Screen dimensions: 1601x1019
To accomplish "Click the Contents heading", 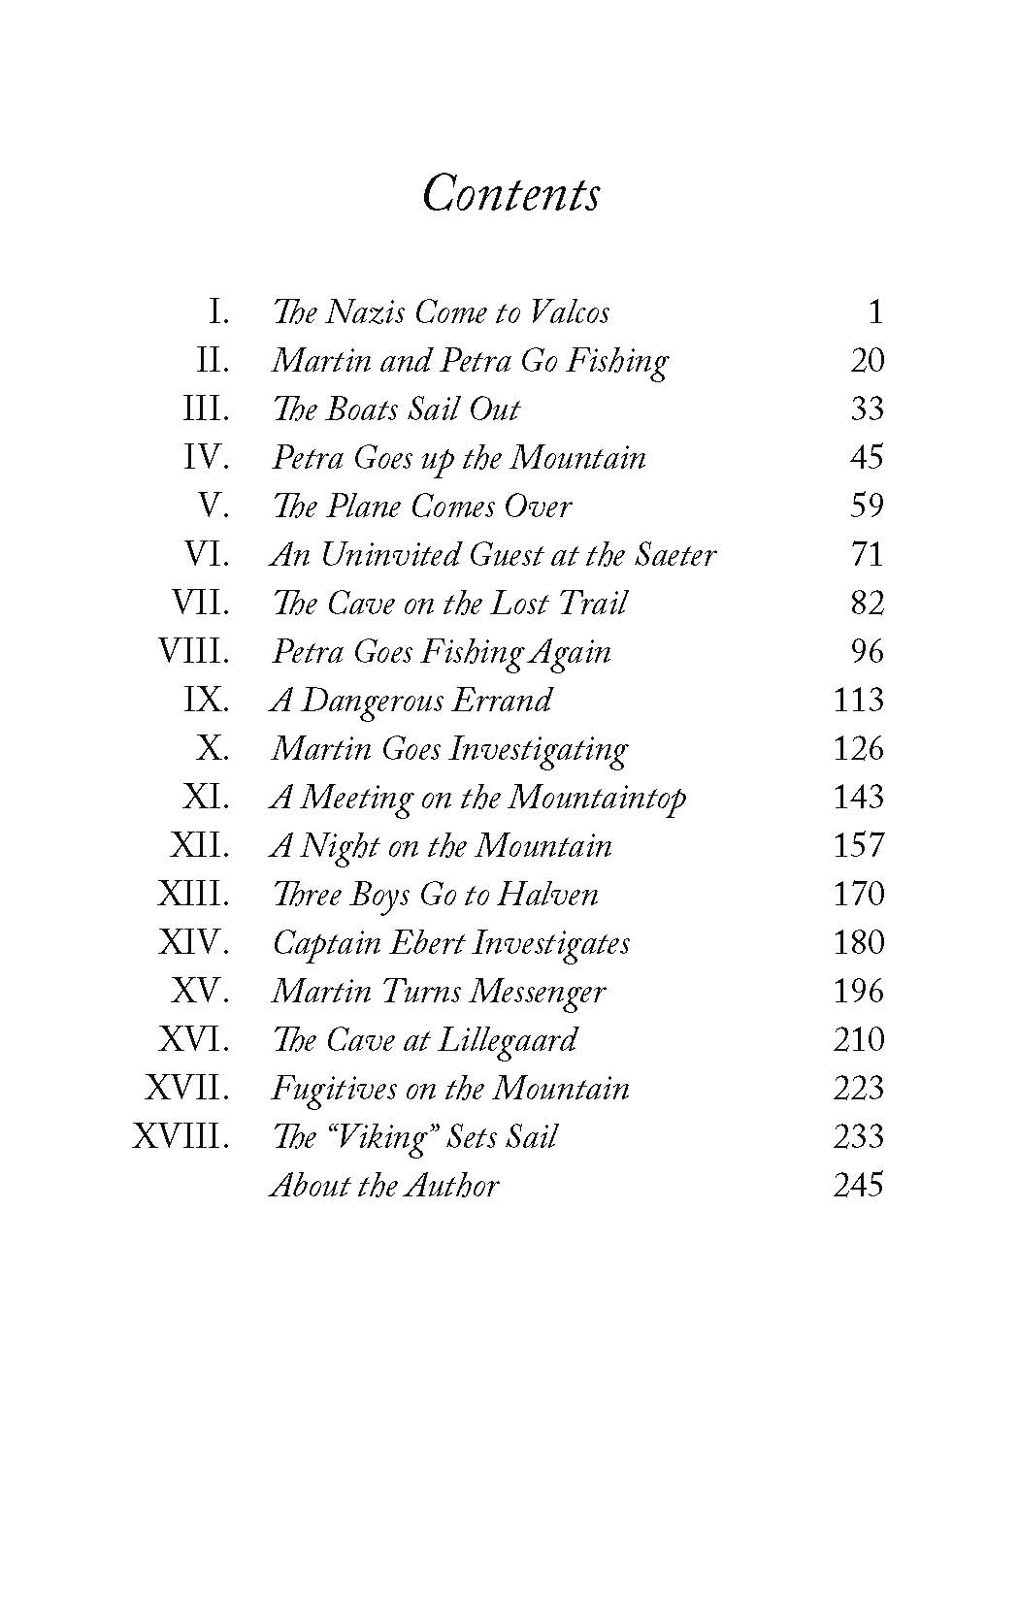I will (511, 193).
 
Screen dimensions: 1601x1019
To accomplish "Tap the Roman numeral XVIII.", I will (181, 1136).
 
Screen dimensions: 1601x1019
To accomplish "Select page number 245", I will (858, 1185).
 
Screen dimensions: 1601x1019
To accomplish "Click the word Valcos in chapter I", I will (573, 311).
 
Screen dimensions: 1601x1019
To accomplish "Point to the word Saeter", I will (675, 554).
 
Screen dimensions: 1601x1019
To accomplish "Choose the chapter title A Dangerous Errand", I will (411, 700).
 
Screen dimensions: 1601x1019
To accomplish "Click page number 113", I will (858, 700).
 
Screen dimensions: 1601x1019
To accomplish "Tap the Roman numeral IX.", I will (207, 700).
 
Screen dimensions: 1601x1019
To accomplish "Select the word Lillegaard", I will (508, 1040).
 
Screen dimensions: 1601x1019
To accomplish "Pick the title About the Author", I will (384, 1185).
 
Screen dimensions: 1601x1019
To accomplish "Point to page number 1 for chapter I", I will (875, 311).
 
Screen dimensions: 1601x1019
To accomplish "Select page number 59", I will (867, 506).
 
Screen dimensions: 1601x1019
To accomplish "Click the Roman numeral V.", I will (214, 506).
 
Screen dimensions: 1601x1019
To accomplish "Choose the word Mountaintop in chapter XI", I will (597, 798).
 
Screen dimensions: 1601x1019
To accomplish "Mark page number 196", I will (858, 991).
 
